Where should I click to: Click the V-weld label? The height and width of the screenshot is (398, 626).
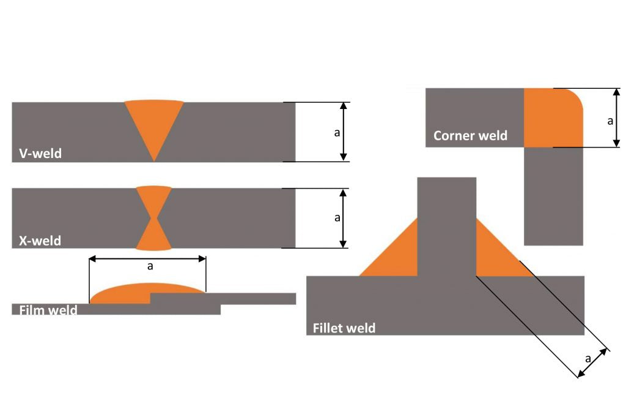pos(41,153)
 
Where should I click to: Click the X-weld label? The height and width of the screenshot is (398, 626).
pos(41,241)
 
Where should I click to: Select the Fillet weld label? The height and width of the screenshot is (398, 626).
pos(344,328)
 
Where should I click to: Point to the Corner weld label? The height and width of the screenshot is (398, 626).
pos(470,135)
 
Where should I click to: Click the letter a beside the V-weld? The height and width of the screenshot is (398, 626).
pos(336,132)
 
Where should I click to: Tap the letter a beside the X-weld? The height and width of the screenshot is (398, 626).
pos(336,218)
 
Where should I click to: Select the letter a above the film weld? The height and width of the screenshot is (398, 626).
pos(150,266)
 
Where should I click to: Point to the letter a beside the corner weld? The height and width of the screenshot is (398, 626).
pos(609,121)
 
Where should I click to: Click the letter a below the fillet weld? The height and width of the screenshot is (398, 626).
pos(587,358)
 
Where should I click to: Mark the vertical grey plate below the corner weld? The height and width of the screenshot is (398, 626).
pos(553,196)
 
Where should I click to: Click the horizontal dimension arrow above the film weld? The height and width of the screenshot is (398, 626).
pos(147,258)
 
